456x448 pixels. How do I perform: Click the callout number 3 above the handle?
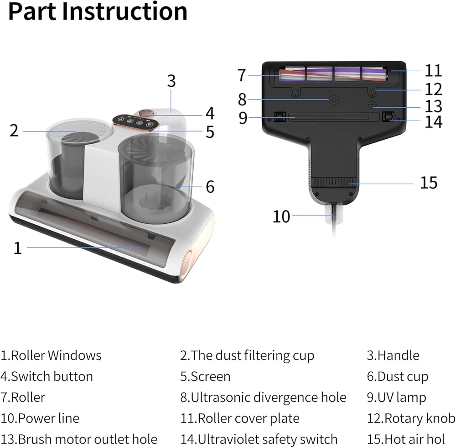pyautogui.click(x=171, y=81)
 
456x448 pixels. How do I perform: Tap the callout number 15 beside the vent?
pyautogui.click(x=428, y=182)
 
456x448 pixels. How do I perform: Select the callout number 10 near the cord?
pyautogui.click(x=281, y=216)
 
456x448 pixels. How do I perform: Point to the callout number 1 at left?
pyautogui.click(x=18, y=248)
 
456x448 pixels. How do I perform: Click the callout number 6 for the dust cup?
pyautogui.click(x=210, y=186)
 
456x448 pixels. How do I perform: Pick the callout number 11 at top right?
pyautogui.click(x=433, y=70)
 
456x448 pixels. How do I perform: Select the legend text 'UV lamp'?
pyautogui.click(x=401, y=397)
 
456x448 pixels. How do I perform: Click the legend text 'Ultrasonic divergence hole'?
pyautogui.click(x=268, y=397)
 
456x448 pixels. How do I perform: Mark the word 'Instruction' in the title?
pyautogui.click(x=124, y=12)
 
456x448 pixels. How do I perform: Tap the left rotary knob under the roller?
pyautogui.click(x=295, y=93)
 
